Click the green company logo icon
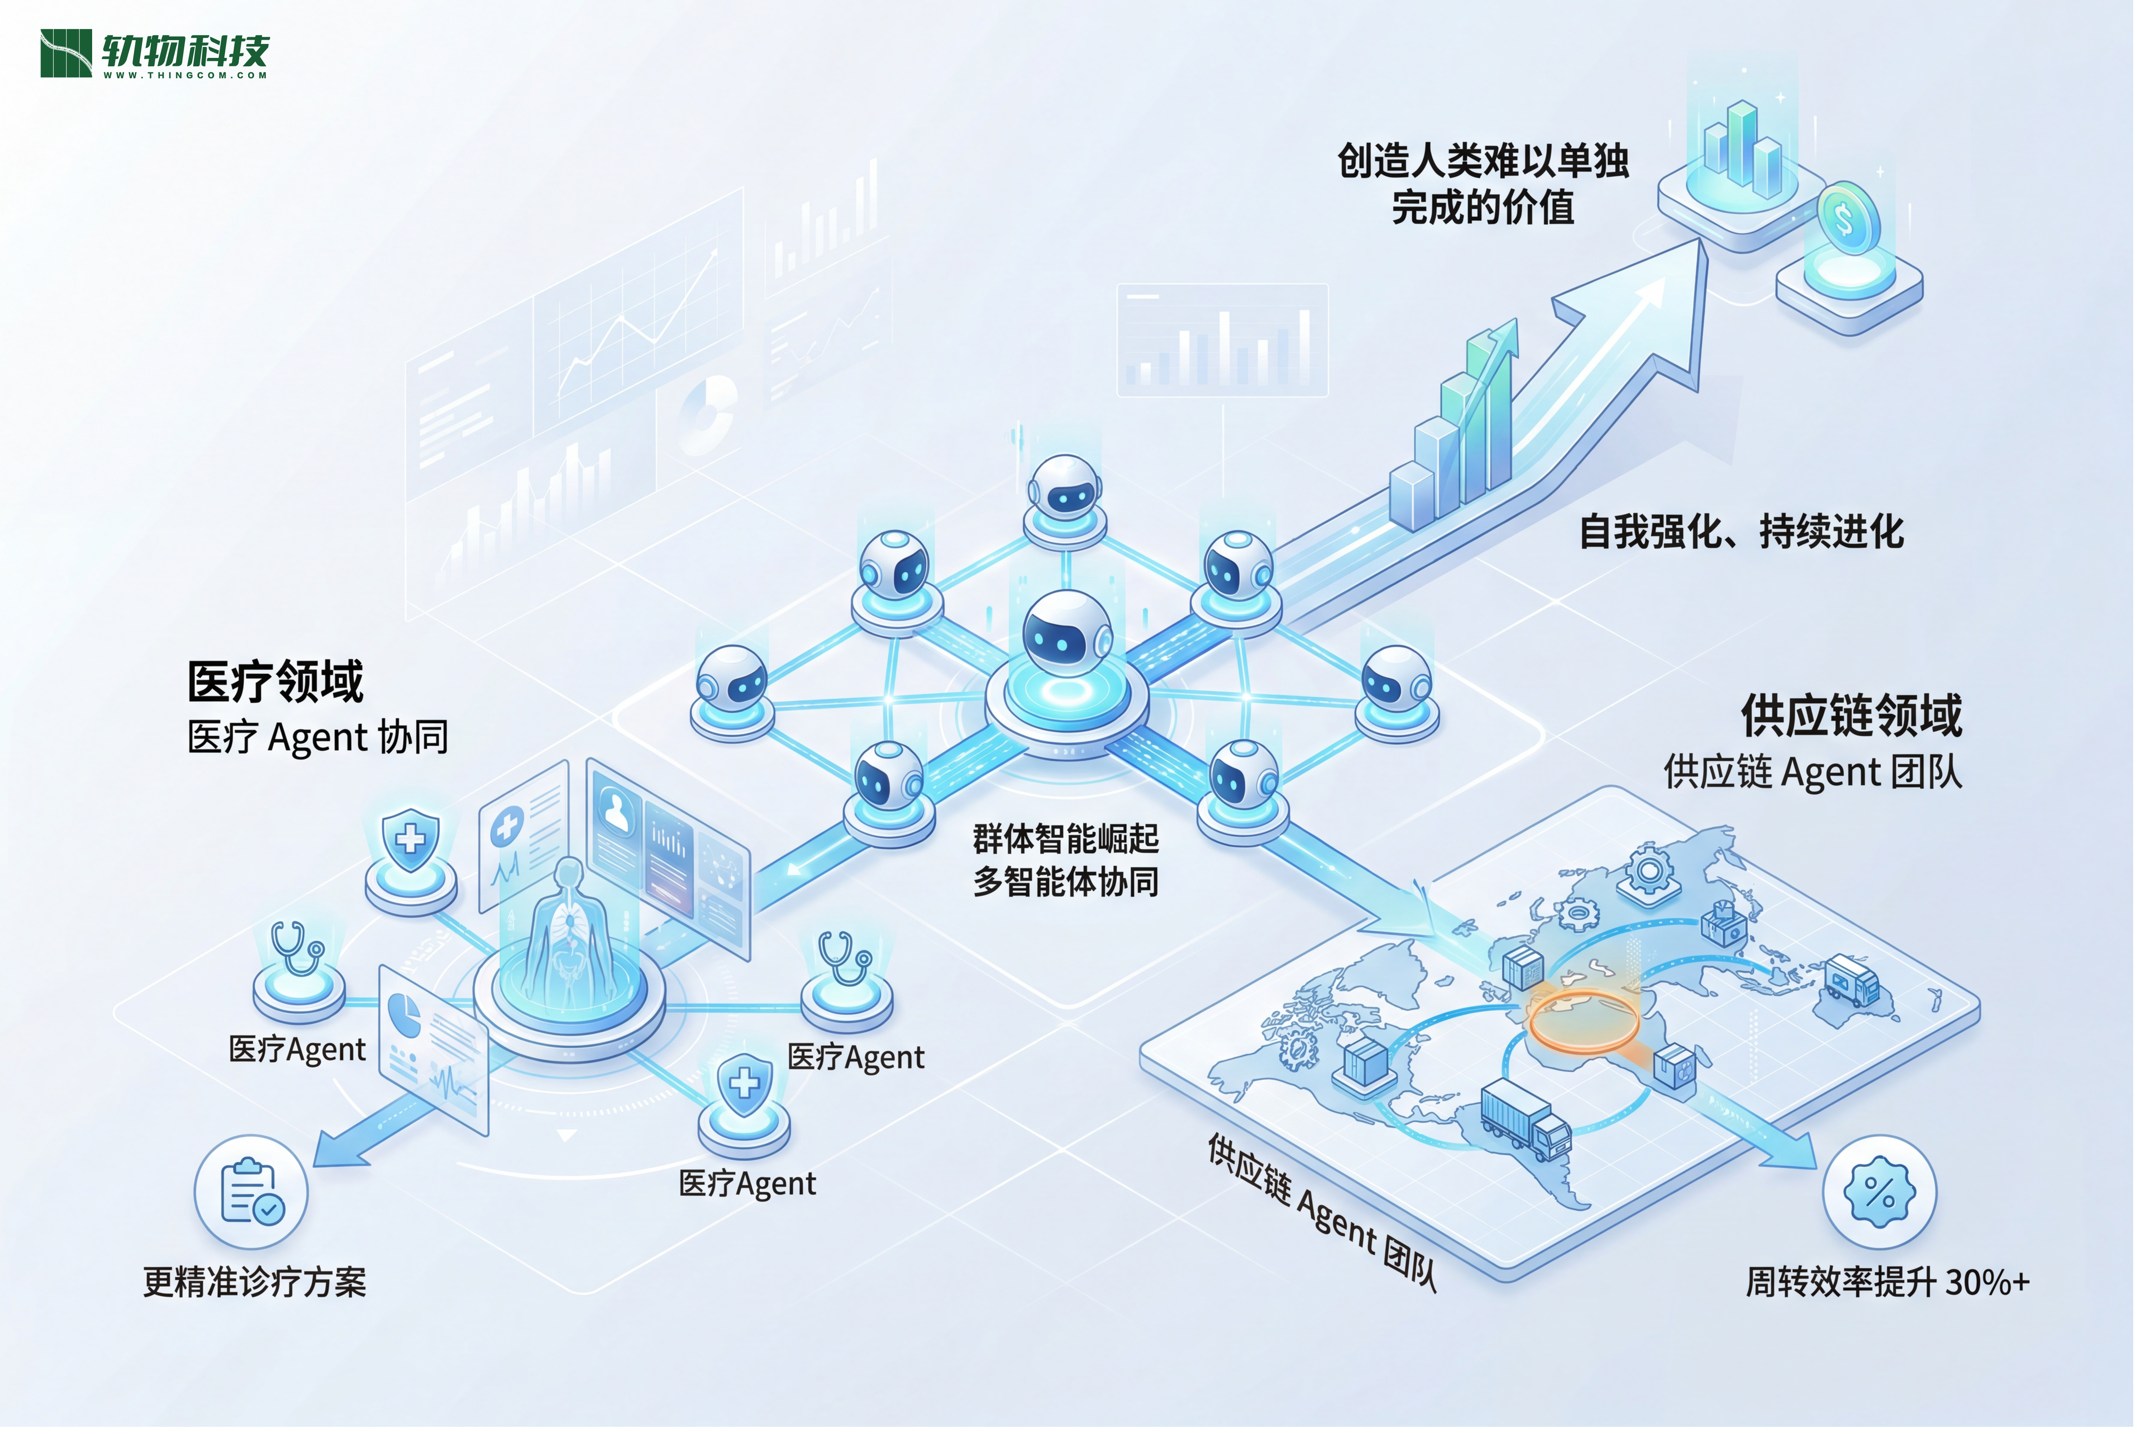[66, 53]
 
